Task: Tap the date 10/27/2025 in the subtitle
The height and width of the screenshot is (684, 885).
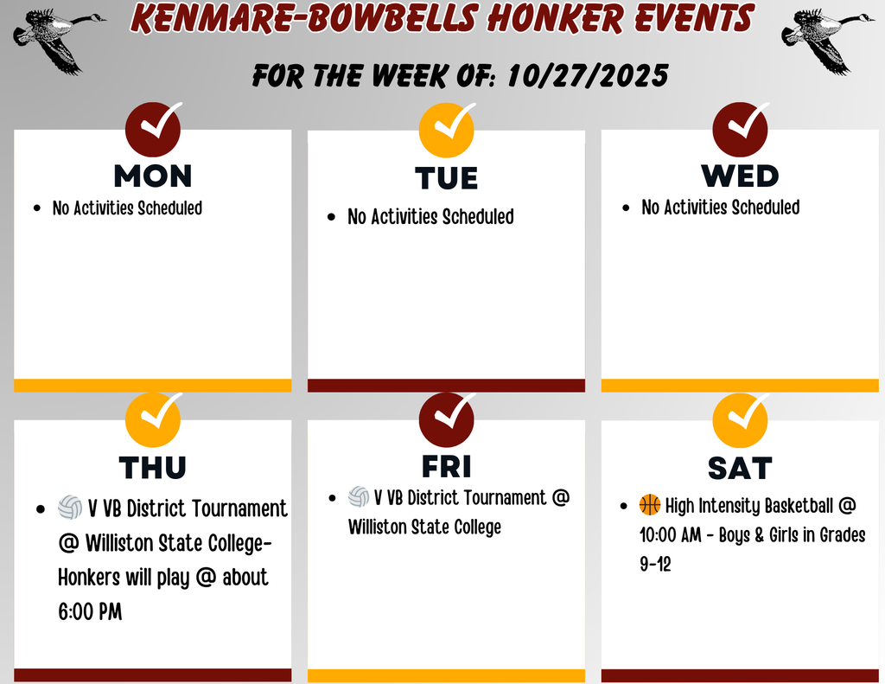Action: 588,76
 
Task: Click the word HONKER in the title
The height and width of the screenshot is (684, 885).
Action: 556,17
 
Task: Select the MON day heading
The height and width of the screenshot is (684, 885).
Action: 153,176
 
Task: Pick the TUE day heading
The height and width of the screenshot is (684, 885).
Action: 447,178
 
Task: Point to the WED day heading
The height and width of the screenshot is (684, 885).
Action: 740,176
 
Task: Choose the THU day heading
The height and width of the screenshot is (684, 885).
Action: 152,468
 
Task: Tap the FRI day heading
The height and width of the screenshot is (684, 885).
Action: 447,467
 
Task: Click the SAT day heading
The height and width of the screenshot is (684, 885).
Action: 740,468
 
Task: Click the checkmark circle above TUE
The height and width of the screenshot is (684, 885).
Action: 447,130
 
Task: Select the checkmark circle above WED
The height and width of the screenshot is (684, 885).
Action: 740,130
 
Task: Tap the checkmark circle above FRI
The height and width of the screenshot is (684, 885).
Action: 447,419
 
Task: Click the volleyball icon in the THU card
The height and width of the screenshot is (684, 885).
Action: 70,508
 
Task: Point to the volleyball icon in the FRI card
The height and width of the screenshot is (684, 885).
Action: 359,496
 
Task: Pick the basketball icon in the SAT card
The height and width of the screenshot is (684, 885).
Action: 650,504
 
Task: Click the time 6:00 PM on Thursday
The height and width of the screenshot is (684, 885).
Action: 90,611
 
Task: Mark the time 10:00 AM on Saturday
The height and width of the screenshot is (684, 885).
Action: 671,534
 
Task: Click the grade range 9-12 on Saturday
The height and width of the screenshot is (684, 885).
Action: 655,564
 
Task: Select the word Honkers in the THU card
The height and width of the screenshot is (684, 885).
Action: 89,578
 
